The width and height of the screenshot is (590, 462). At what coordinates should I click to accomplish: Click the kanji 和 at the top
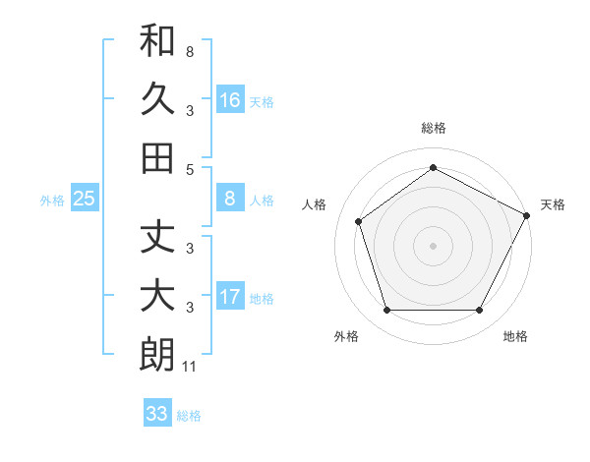(x=158, y=42)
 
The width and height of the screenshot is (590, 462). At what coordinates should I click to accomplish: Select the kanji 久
(x=158, y=99)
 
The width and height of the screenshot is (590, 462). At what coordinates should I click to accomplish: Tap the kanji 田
(x=158, y=157)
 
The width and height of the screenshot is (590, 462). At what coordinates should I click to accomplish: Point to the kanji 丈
(x=158, y=239)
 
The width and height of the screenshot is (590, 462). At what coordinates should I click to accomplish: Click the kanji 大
(x=158, y=297)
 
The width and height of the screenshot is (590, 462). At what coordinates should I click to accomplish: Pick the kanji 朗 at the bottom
(x=158, y=355)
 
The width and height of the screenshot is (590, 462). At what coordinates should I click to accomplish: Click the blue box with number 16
(x=230, y=100)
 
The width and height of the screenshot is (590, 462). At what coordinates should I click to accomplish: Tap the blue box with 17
(x=230, y=298)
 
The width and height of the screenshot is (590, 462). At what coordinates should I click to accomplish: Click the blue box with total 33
(x=157, y=414)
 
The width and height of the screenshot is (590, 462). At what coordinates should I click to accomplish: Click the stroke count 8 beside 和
(x=189, y=51)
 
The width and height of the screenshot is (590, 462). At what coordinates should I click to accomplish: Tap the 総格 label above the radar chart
(x=433, y=128)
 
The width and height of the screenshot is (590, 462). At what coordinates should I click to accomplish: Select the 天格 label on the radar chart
(x=553, y=204)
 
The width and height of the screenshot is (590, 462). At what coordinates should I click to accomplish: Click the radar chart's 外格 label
(x=346, y=336)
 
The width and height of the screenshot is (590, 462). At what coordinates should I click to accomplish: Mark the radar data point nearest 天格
(x=528, y=214)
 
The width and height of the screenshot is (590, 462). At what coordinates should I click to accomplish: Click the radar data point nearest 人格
(x=359, y=221)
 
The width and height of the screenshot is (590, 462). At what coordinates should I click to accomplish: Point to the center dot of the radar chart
(x=433, y=245)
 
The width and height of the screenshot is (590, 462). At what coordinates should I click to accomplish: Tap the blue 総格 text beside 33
(x=189, y=416)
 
